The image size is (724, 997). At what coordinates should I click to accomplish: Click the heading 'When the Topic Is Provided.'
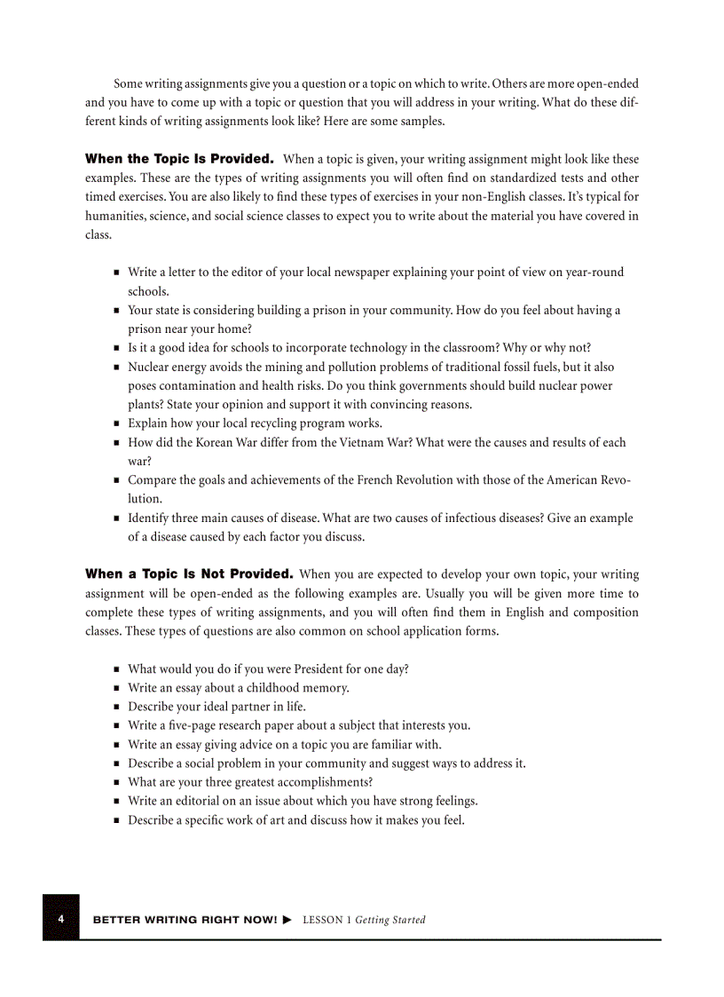178,159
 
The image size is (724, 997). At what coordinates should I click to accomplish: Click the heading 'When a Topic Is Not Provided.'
189,574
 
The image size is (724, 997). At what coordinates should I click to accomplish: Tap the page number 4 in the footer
61,919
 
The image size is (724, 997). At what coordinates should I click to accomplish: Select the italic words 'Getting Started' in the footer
390,920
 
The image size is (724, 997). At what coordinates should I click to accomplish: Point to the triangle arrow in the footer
287,920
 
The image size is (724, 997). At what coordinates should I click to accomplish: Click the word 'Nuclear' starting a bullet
148,367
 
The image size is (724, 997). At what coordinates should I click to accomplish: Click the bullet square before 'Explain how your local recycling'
116,423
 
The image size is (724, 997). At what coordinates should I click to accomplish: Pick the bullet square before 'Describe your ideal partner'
116,708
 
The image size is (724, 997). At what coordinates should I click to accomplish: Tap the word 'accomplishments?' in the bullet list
326,782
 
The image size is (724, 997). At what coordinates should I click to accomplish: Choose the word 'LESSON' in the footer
322,920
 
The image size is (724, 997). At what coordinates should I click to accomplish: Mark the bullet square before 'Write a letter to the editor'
116,273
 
